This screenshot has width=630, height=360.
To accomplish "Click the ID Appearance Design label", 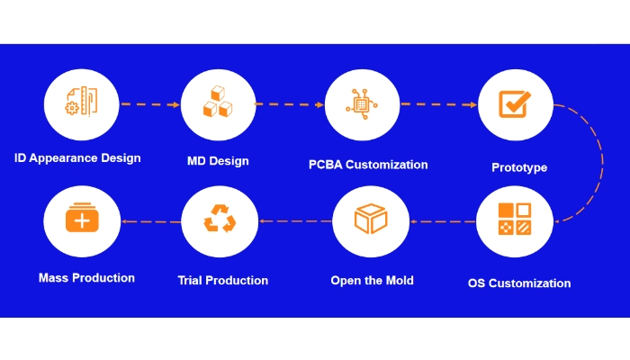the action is [x=77, y=158].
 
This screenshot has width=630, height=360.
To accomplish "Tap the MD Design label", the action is [x=218, y=161].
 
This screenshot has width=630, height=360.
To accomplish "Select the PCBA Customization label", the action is [x=368, y=165].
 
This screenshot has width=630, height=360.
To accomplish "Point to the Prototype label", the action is [x=519, y=167].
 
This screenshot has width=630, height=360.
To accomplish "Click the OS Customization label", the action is [x=519, y=283].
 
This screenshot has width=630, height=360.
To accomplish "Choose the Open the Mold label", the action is [x=372, y=281].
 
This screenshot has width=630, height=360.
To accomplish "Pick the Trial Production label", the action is [x=223, y=281].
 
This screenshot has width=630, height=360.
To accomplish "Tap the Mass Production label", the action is [x=86, y=278].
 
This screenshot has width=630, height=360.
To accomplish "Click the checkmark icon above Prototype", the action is [x=515, y=104].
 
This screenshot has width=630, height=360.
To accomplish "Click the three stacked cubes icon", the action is [x=218, y=102].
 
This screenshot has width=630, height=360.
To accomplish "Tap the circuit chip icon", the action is [x=362, y=104].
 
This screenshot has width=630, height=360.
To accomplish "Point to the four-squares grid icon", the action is [x=515, y=219].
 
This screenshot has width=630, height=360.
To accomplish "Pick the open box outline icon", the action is [x=371, y=219].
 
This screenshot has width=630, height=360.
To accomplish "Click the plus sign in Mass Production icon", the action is [x=82, y=221].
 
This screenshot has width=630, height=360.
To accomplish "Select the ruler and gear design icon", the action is [x=82, y=101].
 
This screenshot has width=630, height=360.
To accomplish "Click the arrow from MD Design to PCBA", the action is [x=289, y=104].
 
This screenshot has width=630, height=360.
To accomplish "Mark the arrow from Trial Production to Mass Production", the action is [x=151, y=221].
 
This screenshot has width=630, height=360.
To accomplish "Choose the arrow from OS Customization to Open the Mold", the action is [x=443, y=221].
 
